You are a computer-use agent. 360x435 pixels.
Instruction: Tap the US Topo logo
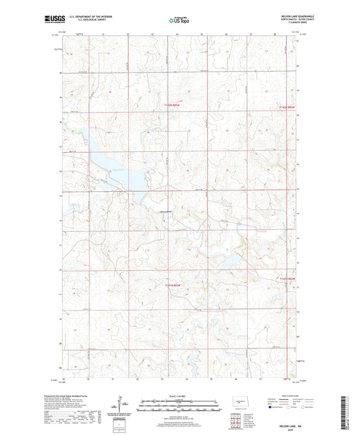tap(178, 20)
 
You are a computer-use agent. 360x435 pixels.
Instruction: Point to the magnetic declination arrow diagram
tap(123, 406)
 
